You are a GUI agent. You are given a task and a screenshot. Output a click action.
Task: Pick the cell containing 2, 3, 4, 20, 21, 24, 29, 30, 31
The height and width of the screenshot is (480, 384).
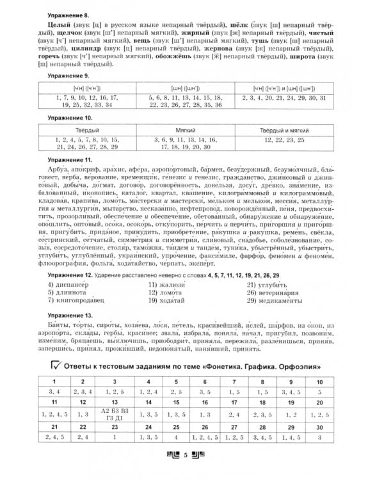pos(285,97)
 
